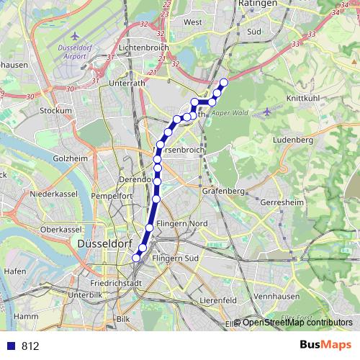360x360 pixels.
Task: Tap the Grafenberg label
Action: [x=224, y=192]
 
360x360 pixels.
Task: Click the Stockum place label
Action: [x=56, y=111]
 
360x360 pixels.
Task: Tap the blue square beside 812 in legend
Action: [x=12, y=346]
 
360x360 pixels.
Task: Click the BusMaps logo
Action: [x=325, y=345]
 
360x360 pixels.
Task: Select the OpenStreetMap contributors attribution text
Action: [x=297, y=323]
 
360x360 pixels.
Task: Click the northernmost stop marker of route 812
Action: [x=223, y=82]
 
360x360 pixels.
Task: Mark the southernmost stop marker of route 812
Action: [x=135, y=257]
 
